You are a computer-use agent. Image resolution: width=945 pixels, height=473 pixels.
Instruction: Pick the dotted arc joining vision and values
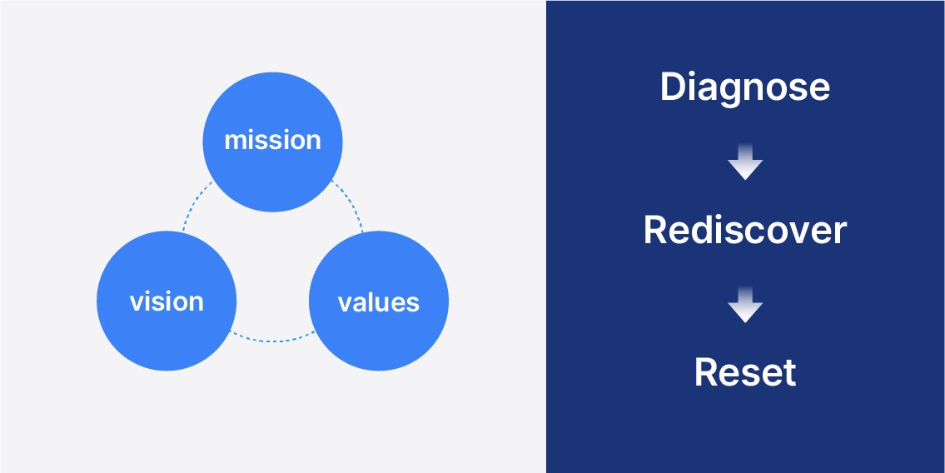271,339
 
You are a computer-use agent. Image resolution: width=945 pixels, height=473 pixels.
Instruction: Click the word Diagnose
745,87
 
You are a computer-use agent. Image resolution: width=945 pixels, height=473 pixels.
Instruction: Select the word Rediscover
745,230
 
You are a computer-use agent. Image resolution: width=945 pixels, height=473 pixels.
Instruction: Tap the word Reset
745,372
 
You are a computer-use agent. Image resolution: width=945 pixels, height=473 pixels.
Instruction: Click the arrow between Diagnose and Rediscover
745,163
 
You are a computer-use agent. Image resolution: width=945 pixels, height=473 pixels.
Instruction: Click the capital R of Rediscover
655,230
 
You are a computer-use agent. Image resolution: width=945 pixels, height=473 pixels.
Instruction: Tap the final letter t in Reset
788,373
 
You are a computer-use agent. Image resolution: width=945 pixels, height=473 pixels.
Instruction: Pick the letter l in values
371,301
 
